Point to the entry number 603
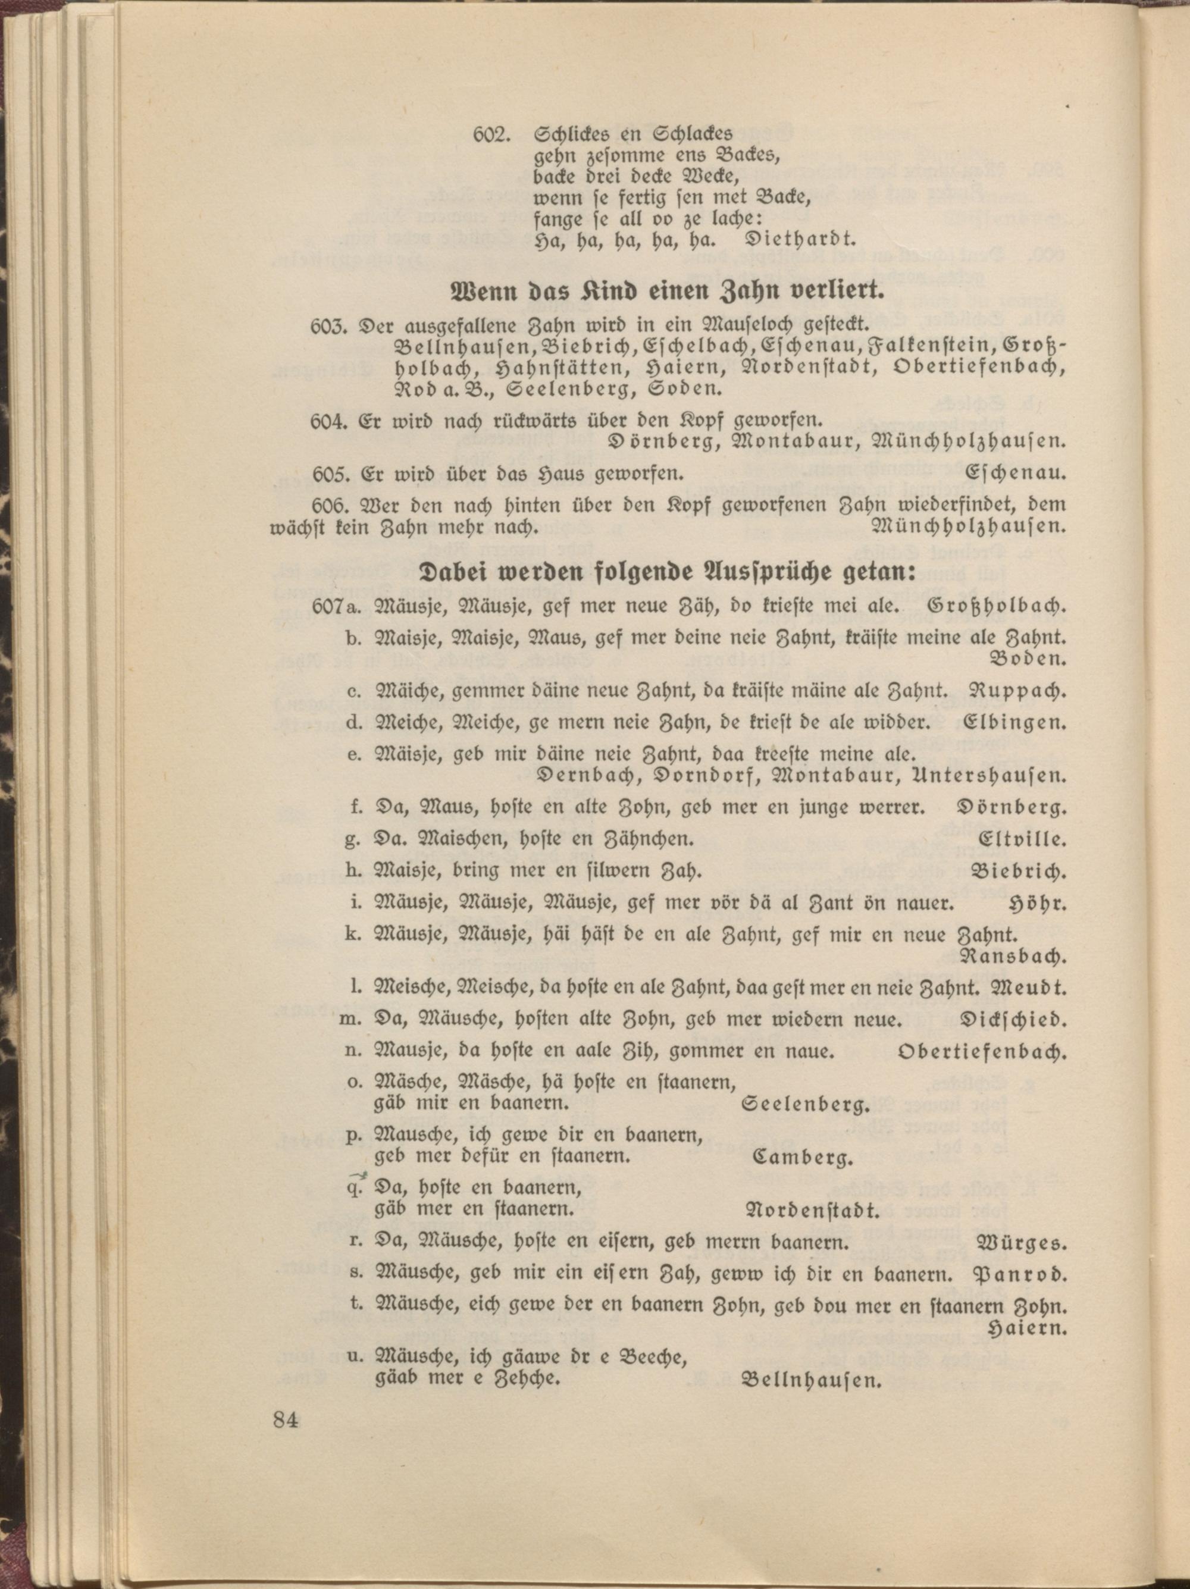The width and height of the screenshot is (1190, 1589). click(329, 325)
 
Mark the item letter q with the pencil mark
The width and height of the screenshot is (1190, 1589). click(352, 1186)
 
